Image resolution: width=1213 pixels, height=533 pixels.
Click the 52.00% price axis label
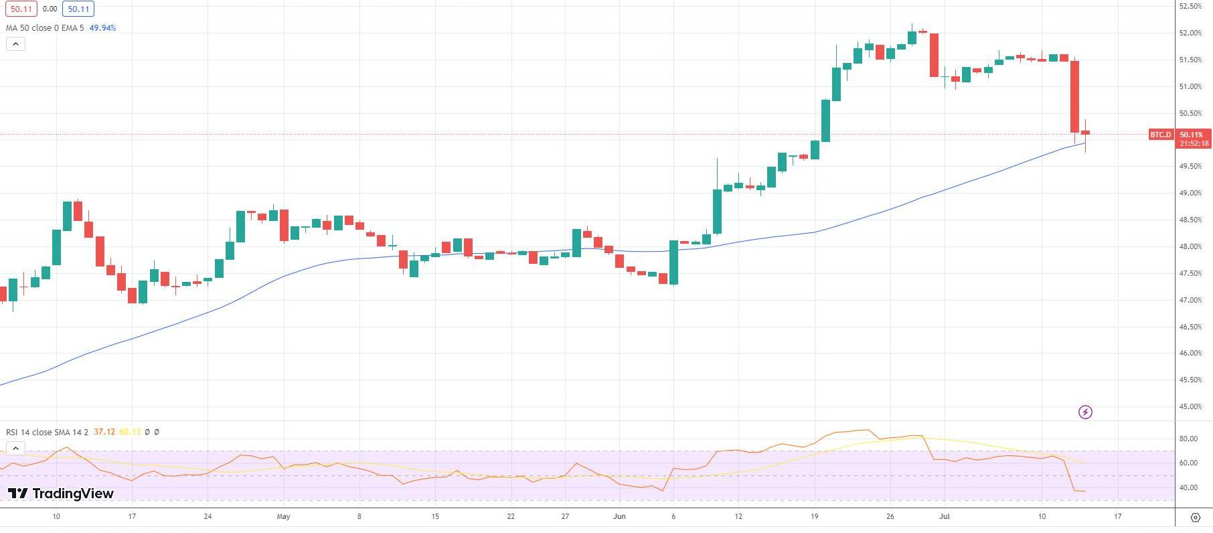tap(1190, 33)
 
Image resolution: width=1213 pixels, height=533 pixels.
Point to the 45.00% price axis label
tap(1190, 406)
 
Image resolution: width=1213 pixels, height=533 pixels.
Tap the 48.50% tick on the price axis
tap(1190, 220)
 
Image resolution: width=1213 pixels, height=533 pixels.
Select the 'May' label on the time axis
tap(283, 516)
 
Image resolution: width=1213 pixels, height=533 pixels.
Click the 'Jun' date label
tap(619, 516)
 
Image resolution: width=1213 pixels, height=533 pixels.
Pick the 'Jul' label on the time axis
tap(945, 516)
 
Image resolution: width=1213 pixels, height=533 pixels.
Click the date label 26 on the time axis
tap(890, 516)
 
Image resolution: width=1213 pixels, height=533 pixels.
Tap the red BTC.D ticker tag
tap(1161, 135)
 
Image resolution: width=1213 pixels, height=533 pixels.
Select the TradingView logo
tap(61, 493)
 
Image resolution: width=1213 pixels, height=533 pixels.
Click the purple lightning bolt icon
tap(1085, 412)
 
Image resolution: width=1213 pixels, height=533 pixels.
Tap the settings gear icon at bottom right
tap(1196, 517)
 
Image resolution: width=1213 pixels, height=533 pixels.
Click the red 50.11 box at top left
tap(21, 9)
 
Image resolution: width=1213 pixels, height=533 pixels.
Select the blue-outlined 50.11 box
tap(78, 9)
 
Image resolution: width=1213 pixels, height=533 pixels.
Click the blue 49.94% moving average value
tap(102, 28)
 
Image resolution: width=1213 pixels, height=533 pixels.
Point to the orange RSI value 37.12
tap(104, 432)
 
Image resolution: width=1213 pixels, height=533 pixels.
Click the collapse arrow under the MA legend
tap(15, 44)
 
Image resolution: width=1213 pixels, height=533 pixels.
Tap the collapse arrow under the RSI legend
tap(15, 448)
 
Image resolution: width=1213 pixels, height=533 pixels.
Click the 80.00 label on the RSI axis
tap(1188, 439)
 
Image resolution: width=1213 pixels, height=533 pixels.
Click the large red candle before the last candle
tap(1074, 96)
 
